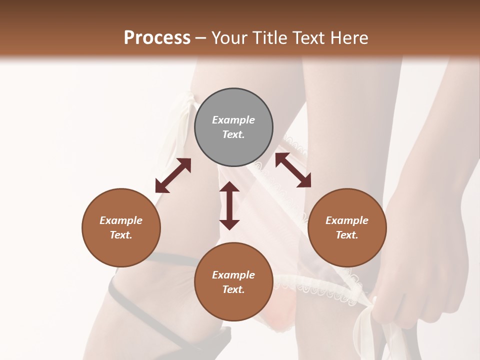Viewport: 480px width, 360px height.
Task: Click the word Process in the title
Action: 157,38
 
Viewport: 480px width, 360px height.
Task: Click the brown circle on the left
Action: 121,228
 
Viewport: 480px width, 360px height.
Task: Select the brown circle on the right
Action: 347,228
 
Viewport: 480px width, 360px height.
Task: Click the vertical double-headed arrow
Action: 229,205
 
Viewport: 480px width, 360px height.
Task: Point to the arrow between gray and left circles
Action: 173,175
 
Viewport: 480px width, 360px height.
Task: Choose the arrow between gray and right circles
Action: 293,170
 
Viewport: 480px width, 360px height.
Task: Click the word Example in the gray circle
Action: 233,120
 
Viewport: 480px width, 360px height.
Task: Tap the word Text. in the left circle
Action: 121,235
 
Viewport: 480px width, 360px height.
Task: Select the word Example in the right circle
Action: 347,220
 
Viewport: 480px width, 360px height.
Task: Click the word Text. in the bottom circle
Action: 233,289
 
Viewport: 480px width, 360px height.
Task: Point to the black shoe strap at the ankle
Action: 165,258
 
